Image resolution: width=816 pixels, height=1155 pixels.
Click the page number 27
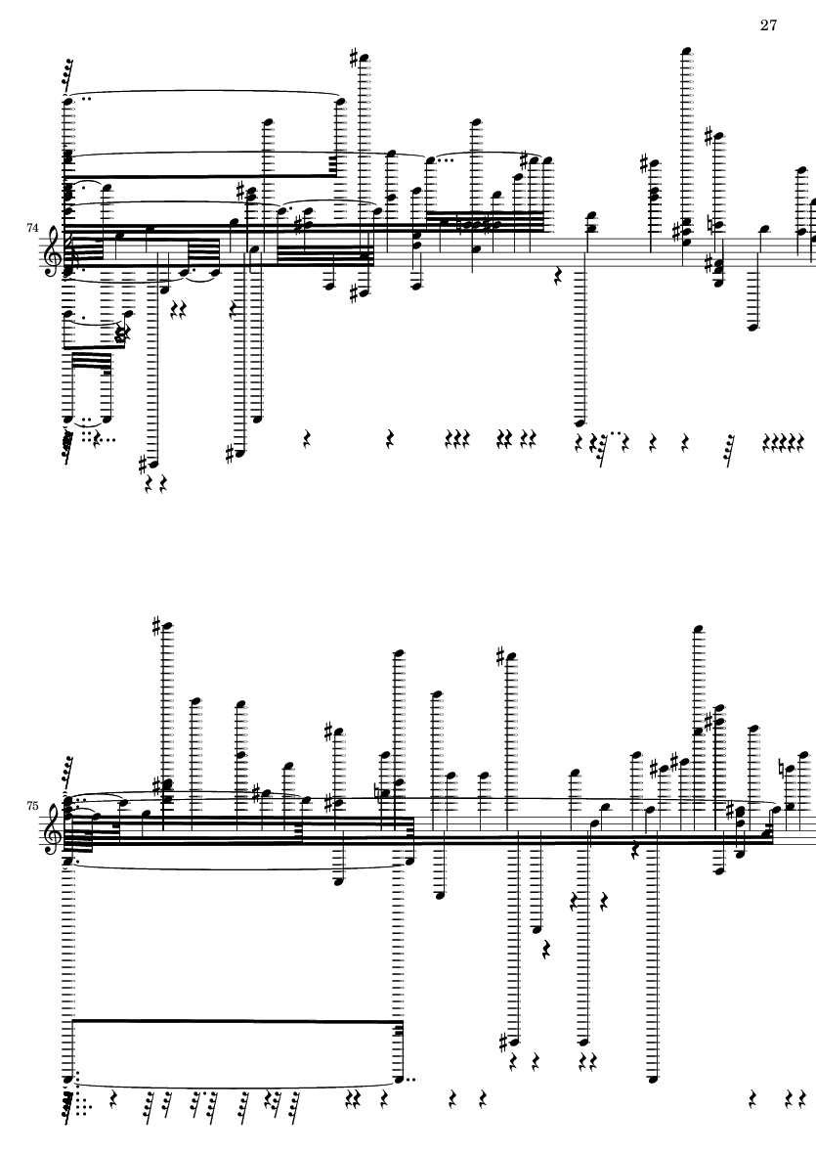point(767,25)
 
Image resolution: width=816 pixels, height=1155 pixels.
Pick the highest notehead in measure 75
point(698,627)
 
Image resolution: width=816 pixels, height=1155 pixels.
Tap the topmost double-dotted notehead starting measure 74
point(68,99)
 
